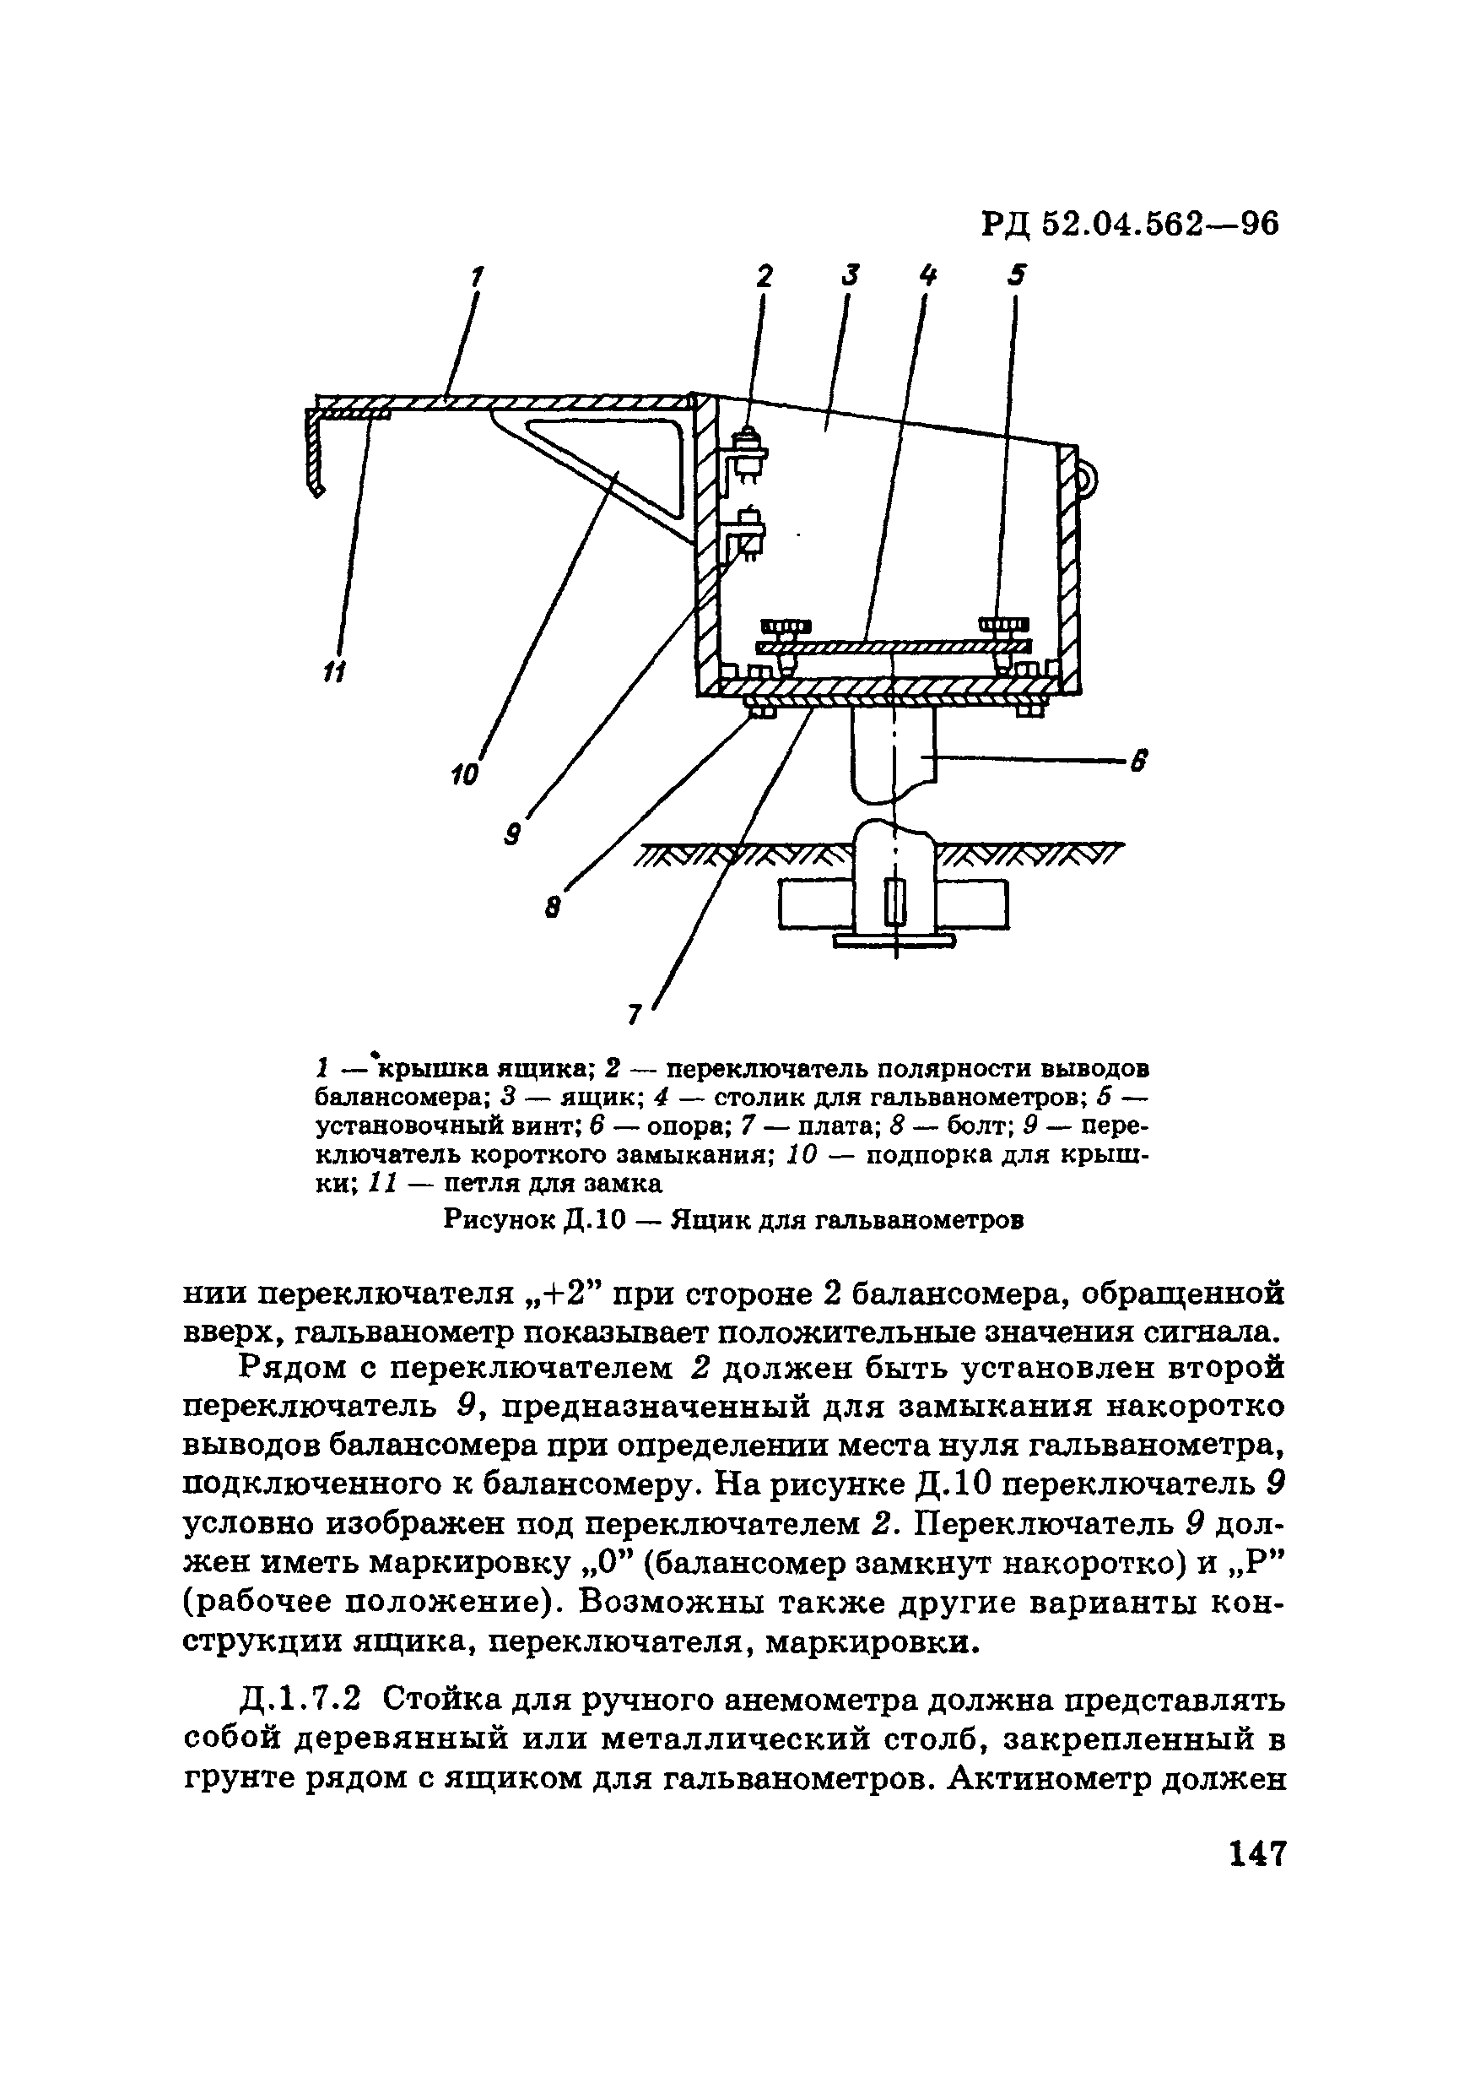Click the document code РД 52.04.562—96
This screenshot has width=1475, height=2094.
point(1131,224)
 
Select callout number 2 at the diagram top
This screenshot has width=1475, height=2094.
point(764,275)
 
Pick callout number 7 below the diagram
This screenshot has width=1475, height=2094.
point(635,1013)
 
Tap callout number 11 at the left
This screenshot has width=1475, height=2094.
point(334,672)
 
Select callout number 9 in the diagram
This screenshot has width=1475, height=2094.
point(513,833)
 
